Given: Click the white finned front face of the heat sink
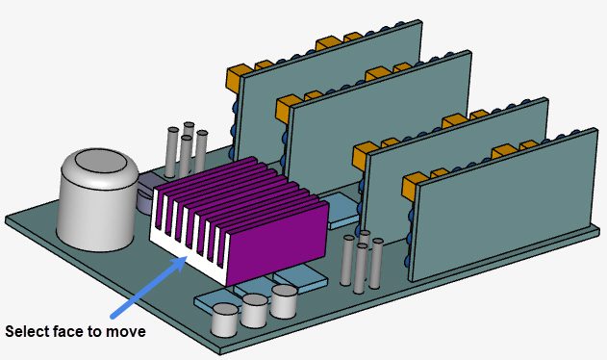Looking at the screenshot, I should tap(188, 241).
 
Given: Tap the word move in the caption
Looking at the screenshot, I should tap(126, 332).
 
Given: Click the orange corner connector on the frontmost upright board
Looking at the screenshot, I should tap(412, 183).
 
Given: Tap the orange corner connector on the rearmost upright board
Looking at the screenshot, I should tap(236, 75).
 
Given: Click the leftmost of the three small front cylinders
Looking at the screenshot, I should tap(224, 321).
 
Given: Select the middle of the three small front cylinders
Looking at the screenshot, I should tap(254, 311).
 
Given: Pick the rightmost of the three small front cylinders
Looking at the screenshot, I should tap(284, 301).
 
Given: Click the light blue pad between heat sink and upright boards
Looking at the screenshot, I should tap(341, 212).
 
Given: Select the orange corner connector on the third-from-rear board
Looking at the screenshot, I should tap(364, 152).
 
